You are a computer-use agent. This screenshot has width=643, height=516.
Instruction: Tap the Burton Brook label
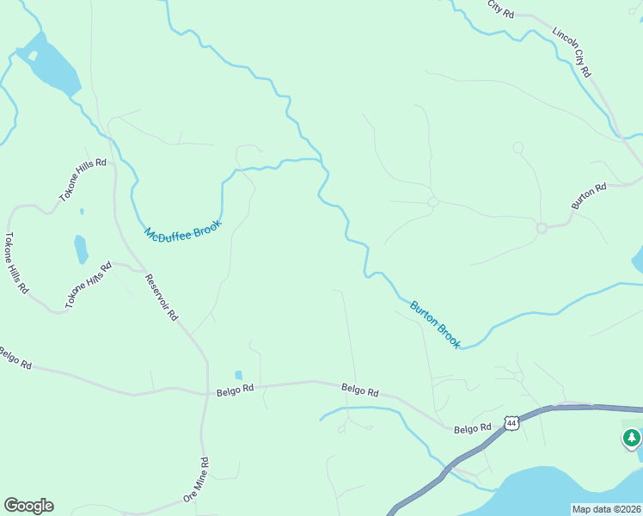click(x=435, y=323)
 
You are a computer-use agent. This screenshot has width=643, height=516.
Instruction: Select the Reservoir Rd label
click(x=161, y=297)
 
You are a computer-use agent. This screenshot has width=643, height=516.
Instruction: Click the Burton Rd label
click(x=590, y=195)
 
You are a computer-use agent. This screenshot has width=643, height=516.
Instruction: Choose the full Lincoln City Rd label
click(x=572, y=53)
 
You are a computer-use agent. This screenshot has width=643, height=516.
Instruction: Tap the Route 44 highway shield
click(x=511, y=423)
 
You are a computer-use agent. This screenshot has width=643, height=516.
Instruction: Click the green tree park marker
click(x=632, y=439)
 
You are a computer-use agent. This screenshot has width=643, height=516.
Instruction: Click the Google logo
click(x=28, y=506)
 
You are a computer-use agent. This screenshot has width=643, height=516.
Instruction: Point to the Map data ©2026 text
click(x=607, y=509)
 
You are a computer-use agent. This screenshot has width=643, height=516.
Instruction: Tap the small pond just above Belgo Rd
click(x=238, y=375)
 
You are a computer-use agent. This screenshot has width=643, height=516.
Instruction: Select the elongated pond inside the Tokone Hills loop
click(x=81, y=249)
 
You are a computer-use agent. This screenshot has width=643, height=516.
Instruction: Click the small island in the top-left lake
click(x=33, y=56)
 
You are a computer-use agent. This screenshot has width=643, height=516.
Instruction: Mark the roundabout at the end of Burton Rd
click(x=542, y=228)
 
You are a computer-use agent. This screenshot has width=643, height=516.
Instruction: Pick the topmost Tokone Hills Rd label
click(x=83, y=180)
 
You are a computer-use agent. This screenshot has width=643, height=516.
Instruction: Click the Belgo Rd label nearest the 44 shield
click(x=472, y=427)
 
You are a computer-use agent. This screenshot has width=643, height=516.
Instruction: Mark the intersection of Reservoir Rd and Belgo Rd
click(x=207, y=394)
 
